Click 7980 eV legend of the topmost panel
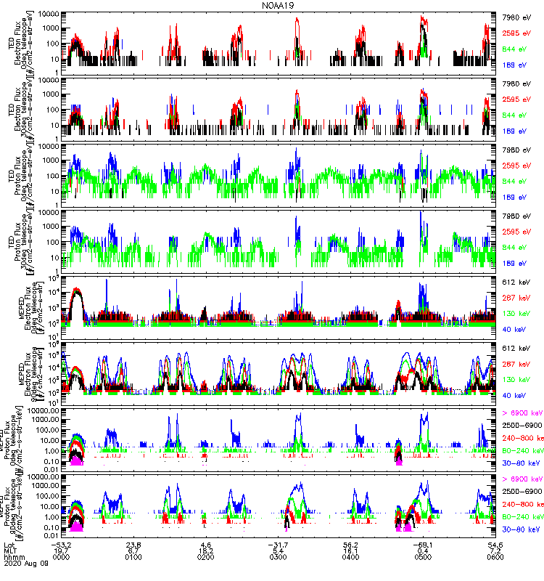(x=518, y=15)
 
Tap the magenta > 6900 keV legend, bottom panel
(x=523, y=480)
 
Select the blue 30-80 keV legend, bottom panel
(x=522, y=525)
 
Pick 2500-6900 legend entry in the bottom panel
(x=522, y=492)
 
